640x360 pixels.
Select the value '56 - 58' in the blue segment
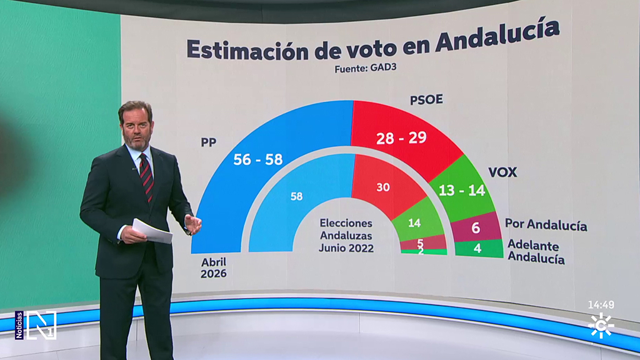pyautogui.click(x=257, y=159)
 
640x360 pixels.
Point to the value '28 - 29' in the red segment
pyautogui.click(x=401, y=138)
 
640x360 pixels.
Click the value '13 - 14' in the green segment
pyautogui.click(x=462, y=191)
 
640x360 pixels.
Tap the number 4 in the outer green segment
pyautogui.click(x=477, y=248)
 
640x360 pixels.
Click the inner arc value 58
pyautogui.click(x=296, y=196)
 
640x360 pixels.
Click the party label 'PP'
pyautogui.click(x=208, y=142)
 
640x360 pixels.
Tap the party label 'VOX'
pyautogui.click(x=502, y=172)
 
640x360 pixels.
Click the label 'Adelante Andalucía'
pyautogui.click(x=536, y=251)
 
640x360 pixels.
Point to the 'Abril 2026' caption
pyautogui.click(x=213, y=267)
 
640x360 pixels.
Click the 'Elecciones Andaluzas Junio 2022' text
pyautogui.click(x=346, y=235)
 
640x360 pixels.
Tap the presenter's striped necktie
pyautogui.click(x=146, y=176)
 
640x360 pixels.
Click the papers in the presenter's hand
pyautogui.click(x=152, y=231)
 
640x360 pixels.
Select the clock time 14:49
pyautogui.click(x=601, y=305)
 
